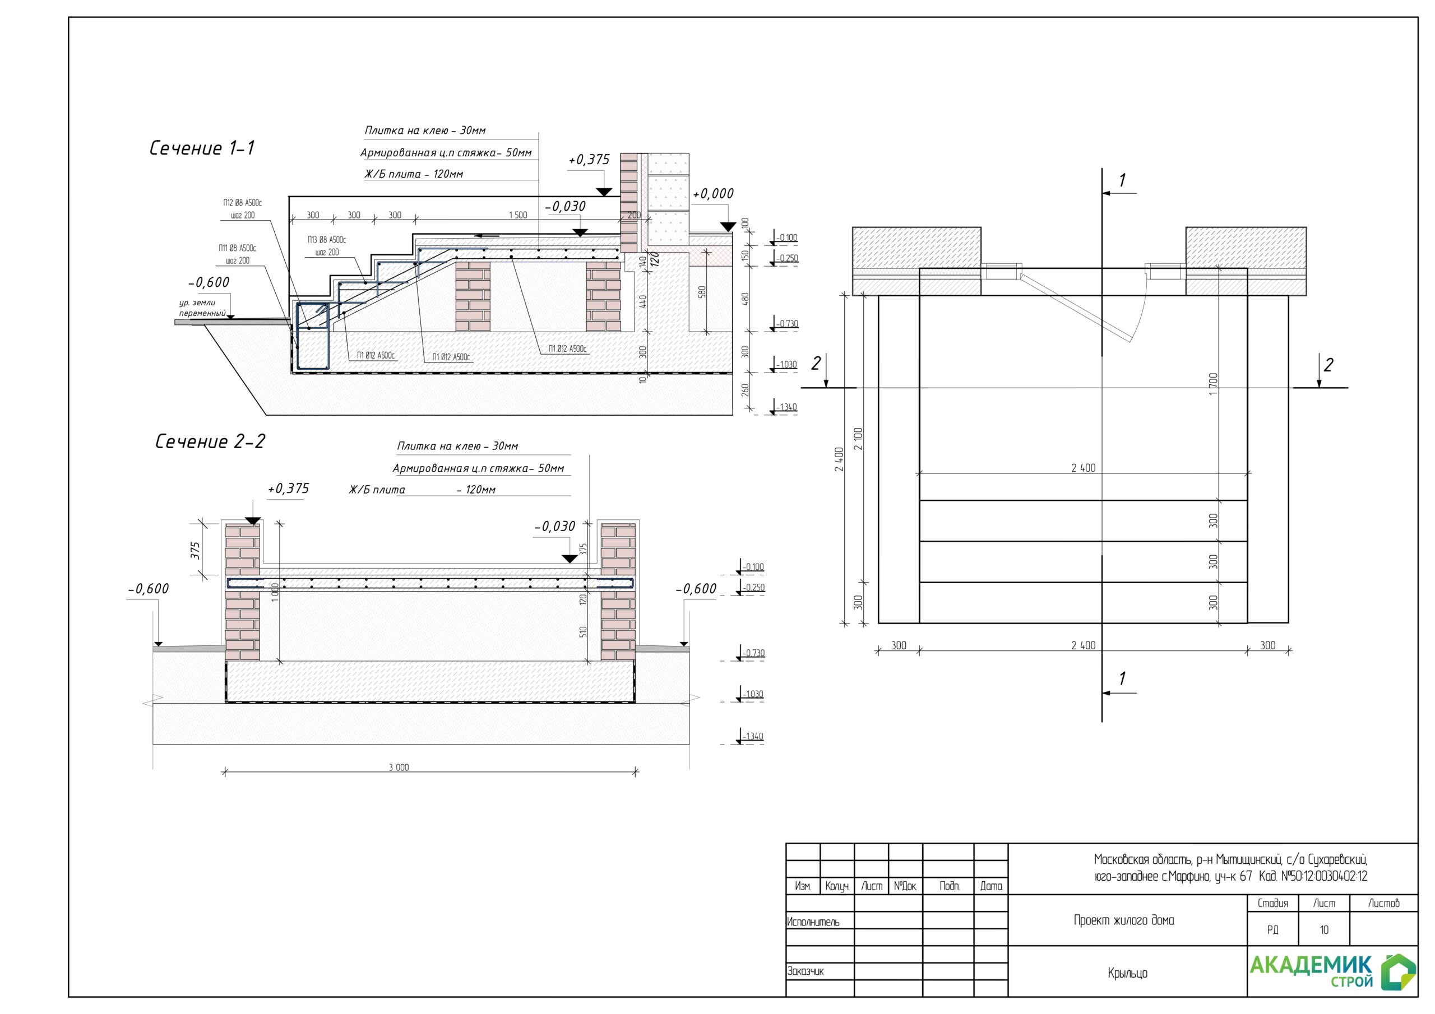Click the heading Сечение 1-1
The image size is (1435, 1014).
[202, 148]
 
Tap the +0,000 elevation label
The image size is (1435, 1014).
[713, 194]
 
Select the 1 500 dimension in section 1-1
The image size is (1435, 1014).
[517, 215]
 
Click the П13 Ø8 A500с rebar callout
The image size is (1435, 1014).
[327, 240]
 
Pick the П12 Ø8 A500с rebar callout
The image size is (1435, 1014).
[243, 203]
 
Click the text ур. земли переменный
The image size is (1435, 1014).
[202, 308]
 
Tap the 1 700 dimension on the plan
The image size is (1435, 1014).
[1214, 384]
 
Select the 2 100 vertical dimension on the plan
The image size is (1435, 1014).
[858, 439]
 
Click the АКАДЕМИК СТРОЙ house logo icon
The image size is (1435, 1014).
[1399, 973]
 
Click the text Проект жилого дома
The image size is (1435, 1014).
[1124, 920]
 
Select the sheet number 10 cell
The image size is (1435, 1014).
[1324, 931]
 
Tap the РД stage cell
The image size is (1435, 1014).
[1272, 931]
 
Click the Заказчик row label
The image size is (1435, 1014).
[806, 971]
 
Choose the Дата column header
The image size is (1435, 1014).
[990, 886]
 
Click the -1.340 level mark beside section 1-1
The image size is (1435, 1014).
[786, 407]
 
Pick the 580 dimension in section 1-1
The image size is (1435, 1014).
[702, 292]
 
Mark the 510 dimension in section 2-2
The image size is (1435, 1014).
[583, 631]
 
